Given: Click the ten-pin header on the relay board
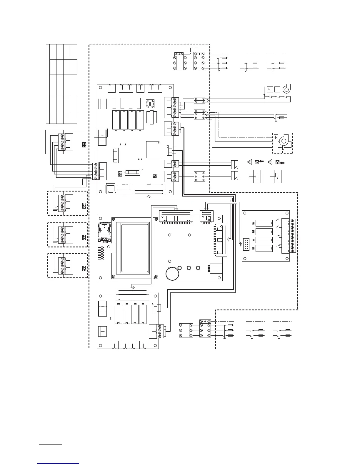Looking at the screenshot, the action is tap(246, 245).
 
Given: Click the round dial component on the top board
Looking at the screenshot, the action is tap(150, 104).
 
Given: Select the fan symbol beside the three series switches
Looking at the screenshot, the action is tap(286, 90).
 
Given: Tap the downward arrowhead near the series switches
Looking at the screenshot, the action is tap(264, 95).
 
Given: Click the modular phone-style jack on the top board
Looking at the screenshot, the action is tap(111, 188).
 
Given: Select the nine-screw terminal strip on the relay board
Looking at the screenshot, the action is tap(292, 235).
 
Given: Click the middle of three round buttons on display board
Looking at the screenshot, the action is tap(189, 268).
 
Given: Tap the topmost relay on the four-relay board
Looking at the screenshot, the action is tap(264, 223).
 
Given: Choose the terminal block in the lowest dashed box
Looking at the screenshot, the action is tap(62, 266).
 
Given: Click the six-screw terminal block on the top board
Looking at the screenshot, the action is tap(175, 107).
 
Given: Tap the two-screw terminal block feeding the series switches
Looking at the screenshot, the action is tap(199, 101).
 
